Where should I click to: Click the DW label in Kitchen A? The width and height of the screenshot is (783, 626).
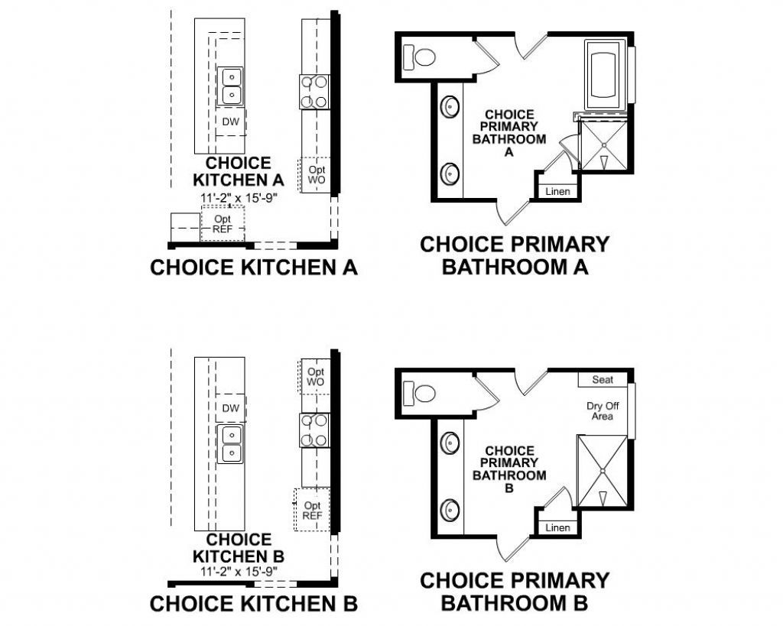pos(230,122)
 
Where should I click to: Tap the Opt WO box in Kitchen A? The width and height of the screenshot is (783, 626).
pos(316,174)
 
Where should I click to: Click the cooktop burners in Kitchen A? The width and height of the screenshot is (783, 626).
pos(314,92)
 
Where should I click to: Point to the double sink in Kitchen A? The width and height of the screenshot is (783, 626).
pos(230,86)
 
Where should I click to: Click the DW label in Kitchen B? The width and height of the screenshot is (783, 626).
pos(230,408)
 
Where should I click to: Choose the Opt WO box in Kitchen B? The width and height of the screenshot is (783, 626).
pos(315,376)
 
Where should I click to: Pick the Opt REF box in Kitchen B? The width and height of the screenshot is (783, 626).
pos(313,511)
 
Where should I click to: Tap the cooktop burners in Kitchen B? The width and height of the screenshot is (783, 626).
pos(314,430)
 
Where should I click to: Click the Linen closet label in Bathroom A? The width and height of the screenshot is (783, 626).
pos(558,191)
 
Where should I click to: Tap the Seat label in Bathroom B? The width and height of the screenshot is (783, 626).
pos(603,380)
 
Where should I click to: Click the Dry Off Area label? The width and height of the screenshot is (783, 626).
pos(603,411)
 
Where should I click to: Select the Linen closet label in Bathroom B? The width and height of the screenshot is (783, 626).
pos(558,528)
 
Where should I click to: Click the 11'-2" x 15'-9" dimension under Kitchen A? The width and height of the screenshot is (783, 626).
pos(238,197)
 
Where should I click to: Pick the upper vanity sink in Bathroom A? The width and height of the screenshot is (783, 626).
pos(449,108)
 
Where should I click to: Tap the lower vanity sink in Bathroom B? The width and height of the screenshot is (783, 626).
pos(449,509)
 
